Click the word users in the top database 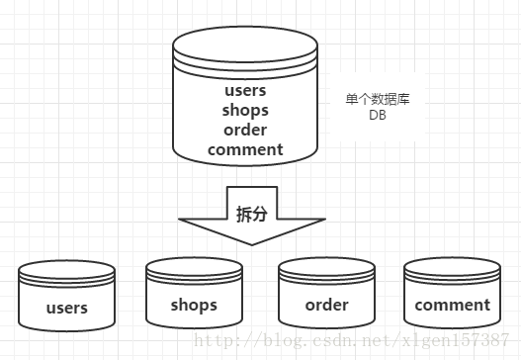(246, 92)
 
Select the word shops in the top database (246, 111)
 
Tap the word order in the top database (246, 130)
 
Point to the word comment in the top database (246, 149)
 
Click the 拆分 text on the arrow (251, 214)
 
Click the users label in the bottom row (67, 308)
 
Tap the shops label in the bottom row (194, 304)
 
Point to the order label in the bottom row (326, 304)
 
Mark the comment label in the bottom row (452, 305)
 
